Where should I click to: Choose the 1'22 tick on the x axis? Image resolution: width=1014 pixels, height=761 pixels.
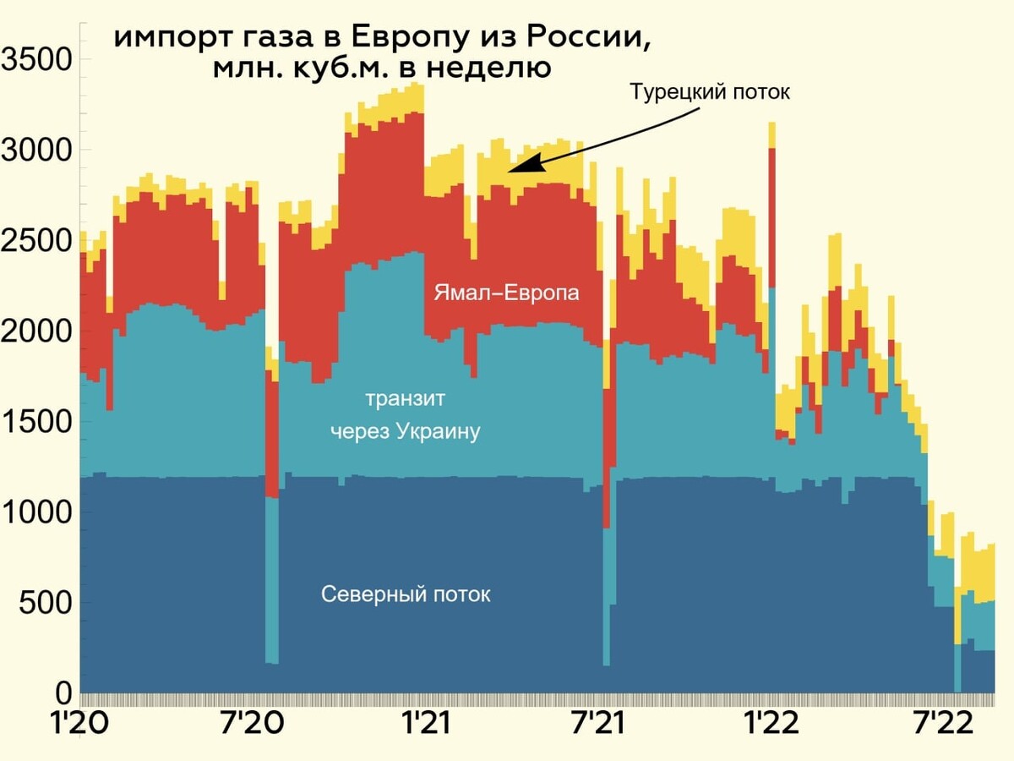click(x=768, y=725)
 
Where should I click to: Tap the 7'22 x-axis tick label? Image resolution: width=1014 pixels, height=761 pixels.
click(x=937, y=725)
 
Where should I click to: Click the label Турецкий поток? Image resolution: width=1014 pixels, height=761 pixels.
click(x=710, y=92)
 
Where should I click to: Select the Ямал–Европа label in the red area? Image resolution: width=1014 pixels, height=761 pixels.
click(x=507, y=293)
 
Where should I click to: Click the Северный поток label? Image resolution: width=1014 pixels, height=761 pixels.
click(x=406, y=594)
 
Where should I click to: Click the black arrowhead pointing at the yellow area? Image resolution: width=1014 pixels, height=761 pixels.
click(x=517, y=167)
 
